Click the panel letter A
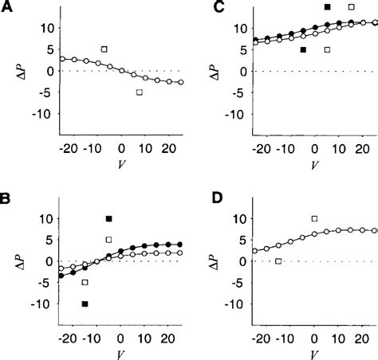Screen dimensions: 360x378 (x=7, y=7)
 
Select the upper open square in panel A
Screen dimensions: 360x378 (x=104, y=49)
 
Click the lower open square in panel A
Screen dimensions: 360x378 (x=139, y=92)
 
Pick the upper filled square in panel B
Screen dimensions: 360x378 (x=109, y=219)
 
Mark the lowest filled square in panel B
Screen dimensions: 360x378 (x=85, y=303)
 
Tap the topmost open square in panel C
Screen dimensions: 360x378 (x=352, y=6)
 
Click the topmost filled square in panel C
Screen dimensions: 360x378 (x=327, y=6)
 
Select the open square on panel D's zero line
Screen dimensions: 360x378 (x=278, y=261)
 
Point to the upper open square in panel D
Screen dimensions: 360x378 (x=314, y=218)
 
